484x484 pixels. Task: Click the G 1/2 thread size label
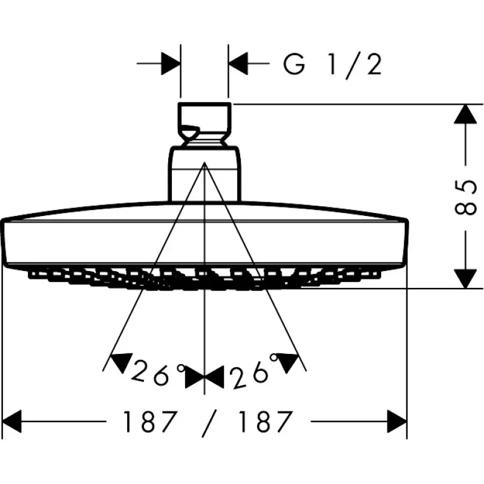333,64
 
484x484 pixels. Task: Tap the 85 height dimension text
465,197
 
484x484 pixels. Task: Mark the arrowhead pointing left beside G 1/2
238,63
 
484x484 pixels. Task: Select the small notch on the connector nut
190,128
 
